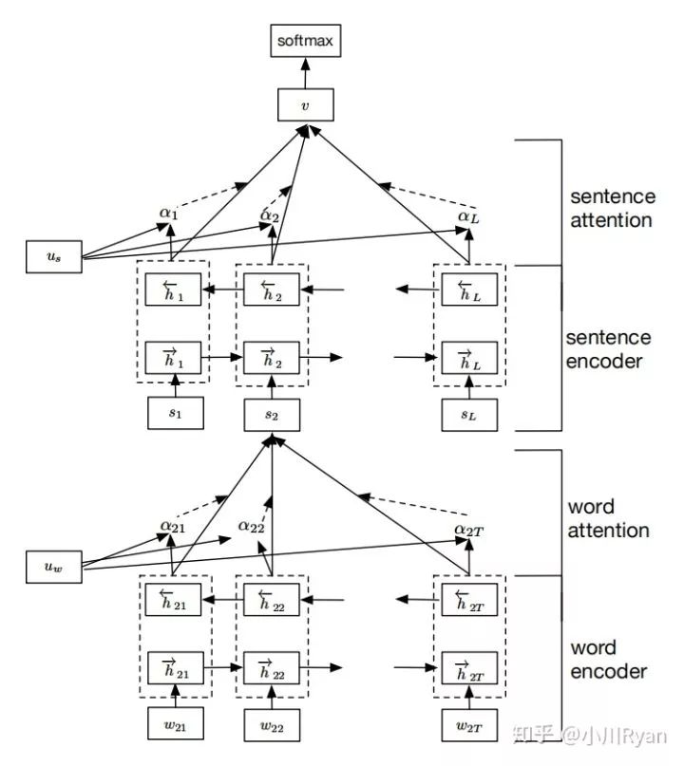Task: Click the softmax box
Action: tap(306, 41)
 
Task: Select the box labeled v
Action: tap(306, 104)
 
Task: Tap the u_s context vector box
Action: tap(54, 256)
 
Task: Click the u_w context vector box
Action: tap(54, 567)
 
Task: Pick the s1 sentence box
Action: tap(176, 413)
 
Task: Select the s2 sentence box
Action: tap(272, 415)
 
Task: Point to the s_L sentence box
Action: tap(469, 415)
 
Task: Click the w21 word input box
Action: tap(176, 723)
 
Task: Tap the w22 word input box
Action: tap(272, 725)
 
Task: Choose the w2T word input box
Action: tap(469, 725)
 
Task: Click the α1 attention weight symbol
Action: tap(169, 214)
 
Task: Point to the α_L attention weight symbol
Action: tap(468, 217)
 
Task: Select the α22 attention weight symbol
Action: tap(252, 527)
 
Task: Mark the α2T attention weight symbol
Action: tap(469, 530)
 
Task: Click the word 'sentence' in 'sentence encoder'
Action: tap(609, 338)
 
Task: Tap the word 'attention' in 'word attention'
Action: tap(609, 530)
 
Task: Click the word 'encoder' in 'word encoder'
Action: tap(609, 672)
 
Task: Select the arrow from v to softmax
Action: tap(306, 73)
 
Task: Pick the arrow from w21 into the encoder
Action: tap(176, 696)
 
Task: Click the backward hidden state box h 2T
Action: tap(469, 599)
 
